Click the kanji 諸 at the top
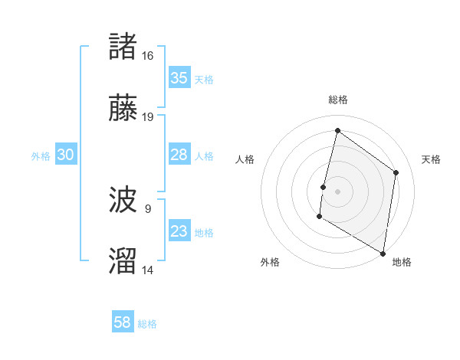[123, 47]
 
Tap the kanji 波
[123, 201]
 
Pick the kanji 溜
[123, 260]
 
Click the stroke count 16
[148, 56]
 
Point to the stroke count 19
[148, 116]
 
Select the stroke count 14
[148, 269]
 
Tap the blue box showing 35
[179, 78]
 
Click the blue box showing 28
[179, 155]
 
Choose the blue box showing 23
[179, 231]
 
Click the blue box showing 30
[66, 155]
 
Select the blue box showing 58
[123, 322]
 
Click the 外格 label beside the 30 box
[41, 155]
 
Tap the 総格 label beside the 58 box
[147, 324]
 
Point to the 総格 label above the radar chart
[337, 100]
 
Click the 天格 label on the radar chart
[431, 159]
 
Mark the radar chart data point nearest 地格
[382, 253]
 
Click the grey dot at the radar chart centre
[337, 191]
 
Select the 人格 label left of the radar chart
[245, 159]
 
